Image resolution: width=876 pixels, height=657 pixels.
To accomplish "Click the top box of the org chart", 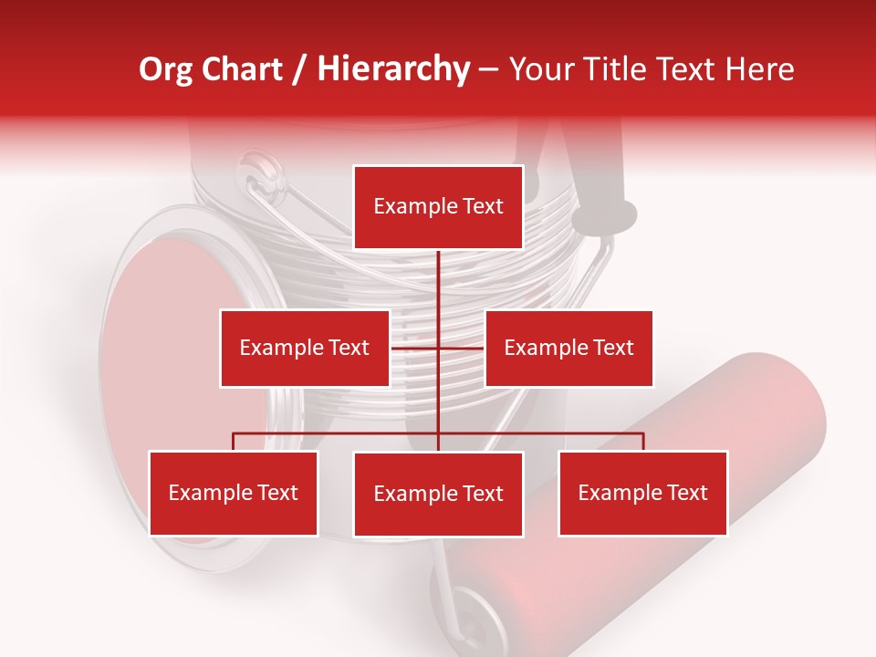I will point(438,207).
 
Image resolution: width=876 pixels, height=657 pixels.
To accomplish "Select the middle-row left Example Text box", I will point(304,348).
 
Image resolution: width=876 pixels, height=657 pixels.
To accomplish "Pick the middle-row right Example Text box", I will point(568,348).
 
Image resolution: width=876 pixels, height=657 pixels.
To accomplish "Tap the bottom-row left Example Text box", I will point(233,493).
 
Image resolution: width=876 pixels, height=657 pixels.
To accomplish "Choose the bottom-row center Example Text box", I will point(438,494).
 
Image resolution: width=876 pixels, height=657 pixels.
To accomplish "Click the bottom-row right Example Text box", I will point(642,493).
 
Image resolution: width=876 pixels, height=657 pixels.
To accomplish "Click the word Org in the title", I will point(166,69).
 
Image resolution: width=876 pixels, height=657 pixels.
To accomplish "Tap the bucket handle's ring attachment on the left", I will point(260,173).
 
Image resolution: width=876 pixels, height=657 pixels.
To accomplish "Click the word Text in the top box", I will point(482,206).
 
